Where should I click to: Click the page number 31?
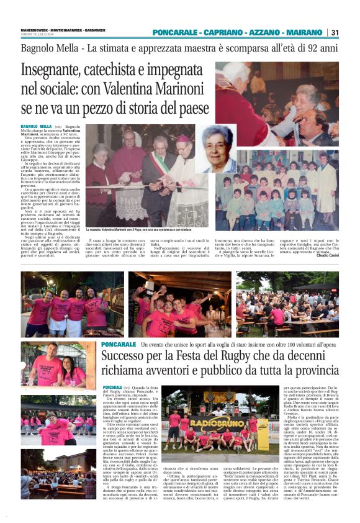335,32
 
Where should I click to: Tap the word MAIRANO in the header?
304,32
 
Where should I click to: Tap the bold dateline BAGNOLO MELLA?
36,126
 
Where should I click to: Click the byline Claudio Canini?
327,255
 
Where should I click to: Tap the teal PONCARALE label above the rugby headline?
118,344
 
